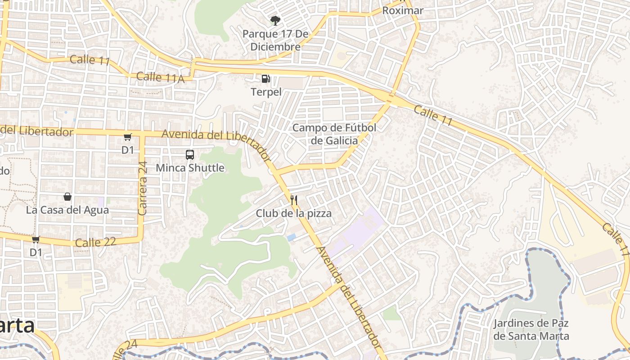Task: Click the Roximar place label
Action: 403,10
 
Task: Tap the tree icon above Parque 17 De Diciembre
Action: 275,20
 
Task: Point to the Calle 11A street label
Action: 160,77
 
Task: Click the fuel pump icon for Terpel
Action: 266,79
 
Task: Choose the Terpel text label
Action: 266,92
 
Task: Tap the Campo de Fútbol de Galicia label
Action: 334,134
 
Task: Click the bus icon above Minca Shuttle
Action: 190,155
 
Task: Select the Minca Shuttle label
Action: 190,168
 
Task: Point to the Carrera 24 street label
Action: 143,188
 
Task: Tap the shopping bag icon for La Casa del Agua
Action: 67,197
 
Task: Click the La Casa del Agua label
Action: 67,210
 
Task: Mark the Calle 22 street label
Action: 95,242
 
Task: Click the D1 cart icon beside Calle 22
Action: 36,239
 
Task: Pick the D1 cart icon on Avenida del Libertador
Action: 128,137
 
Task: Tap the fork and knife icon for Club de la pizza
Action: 294,200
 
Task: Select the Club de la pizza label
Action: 294,213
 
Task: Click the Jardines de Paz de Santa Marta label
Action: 531,329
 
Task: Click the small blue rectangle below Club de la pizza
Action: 292,237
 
